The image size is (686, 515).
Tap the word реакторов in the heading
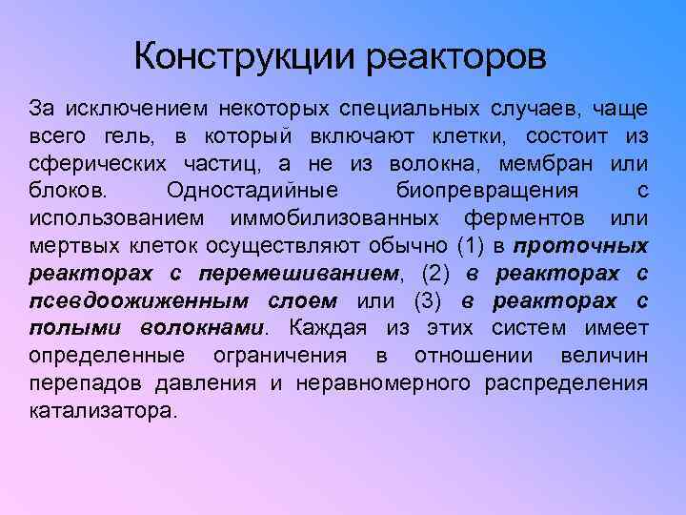tap(454, 56)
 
